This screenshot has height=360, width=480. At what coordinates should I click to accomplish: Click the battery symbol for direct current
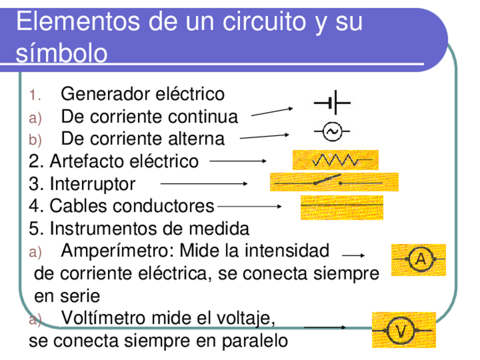(x=332, y=104)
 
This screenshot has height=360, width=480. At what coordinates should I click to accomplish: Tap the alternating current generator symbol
(x=332, y=132)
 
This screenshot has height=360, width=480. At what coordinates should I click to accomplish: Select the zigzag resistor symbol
(x=335, y=160)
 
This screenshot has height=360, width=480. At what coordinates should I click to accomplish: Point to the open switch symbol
(x=327, y=182)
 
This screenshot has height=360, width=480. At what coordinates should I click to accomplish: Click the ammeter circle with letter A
(x=421, y=259)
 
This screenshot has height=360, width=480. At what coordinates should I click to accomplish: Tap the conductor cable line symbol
(x=341, y=204)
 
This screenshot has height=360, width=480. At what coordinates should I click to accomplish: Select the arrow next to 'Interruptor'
(x=204, y=183)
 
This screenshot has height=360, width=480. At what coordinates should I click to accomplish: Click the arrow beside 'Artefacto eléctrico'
(x=238, y=161)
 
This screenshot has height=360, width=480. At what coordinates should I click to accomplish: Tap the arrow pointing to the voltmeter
(x=325, y=327)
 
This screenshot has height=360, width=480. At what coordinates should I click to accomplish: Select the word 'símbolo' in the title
(x=62, y=54)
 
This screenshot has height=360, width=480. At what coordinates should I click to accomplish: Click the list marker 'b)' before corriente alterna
(x=36, y=139)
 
